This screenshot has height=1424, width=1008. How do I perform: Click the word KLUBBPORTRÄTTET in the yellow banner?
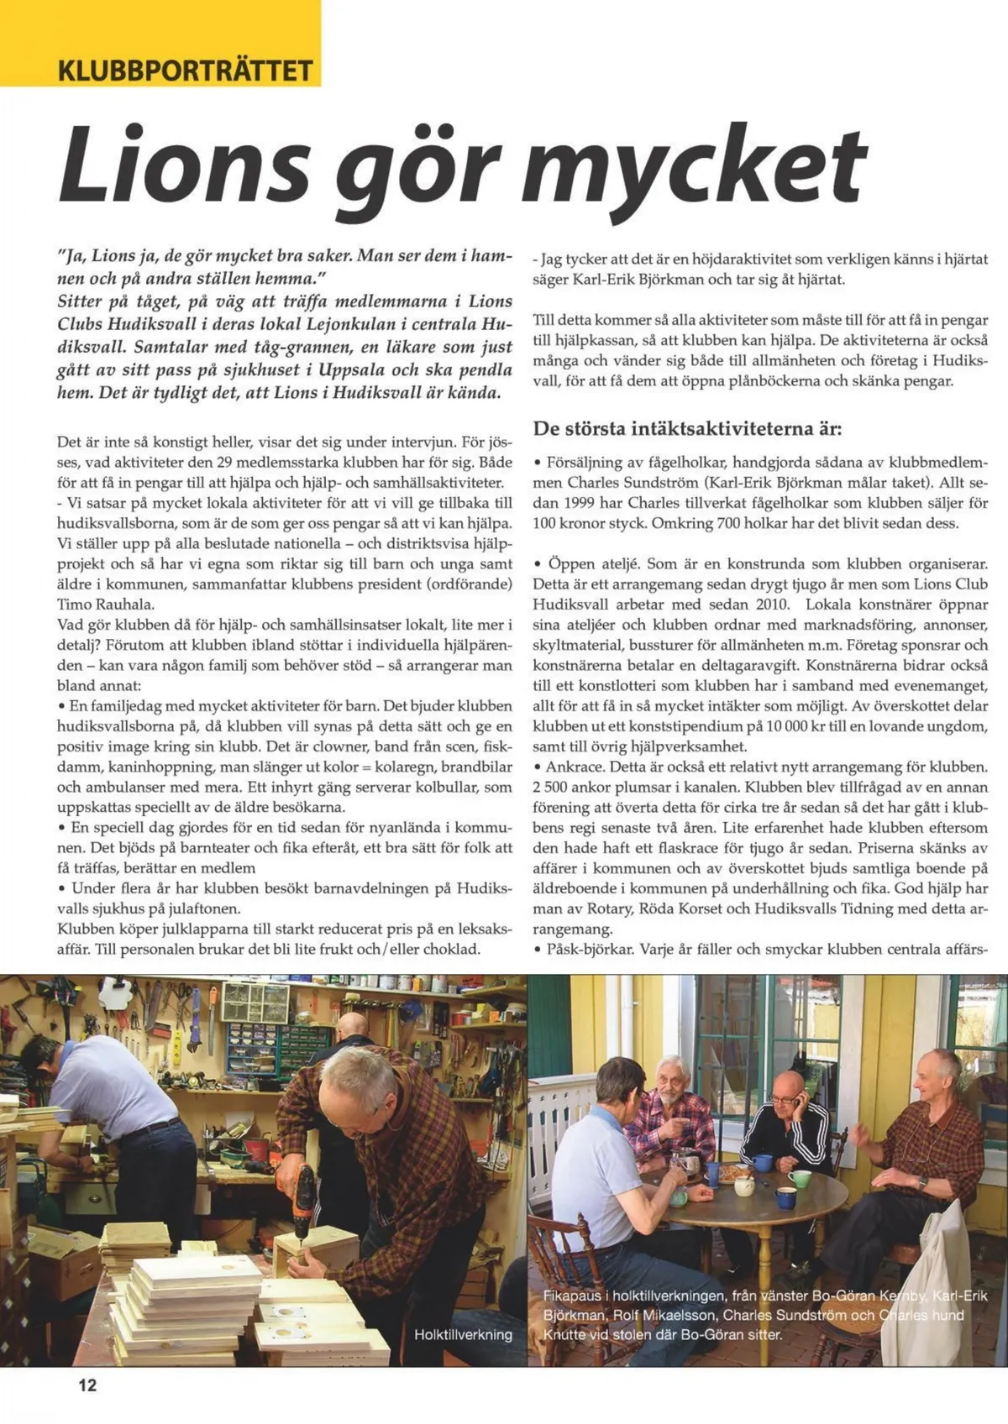[185, 69]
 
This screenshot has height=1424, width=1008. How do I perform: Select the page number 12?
[87, 1385]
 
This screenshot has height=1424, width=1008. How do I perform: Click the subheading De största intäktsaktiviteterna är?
[687, 428]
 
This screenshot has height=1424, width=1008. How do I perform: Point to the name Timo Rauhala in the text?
[106, 605]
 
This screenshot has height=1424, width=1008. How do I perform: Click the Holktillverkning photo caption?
[463, 1334]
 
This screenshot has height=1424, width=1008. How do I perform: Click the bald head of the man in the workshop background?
[352, 1026]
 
